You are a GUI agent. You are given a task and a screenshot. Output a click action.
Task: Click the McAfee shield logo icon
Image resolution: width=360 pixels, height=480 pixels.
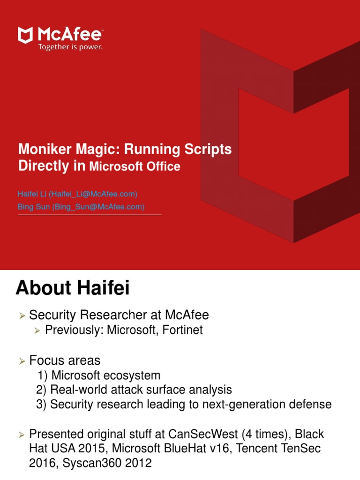(x=25, y=35)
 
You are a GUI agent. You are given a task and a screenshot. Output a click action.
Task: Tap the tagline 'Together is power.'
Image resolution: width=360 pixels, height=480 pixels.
(x=70, y=47)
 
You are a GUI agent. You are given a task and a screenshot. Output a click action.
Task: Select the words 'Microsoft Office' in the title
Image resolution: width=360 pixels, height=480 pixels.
(x=135, y=166)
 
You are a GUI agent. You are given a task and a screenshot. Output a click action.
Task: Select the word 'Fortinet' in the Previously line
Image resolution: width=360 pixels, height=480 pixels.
(x=184, y=330)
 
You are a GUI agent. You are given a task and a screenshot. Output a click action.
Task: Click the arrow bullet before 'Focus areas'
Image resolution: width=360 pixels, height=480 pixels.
(x=22, y=361)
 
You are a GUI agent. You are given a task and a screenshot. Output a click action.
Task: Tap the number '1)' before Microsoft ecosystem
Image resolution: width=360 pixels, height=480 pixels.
(x=42, y=375)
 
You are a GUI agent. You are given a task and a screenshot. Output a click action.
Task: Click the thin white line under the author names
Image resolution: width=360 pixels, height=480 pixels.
(x=90, y=215)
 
